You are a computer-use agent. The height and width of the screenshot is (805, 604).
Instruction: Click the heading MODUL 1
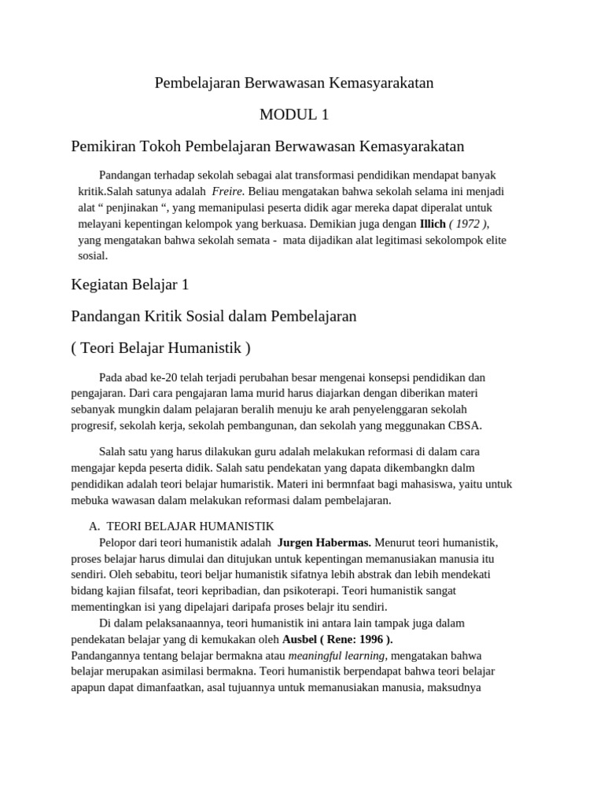pos(293,115)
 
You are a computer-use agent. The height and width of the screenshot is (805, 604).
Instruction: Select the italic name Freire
pos(228,191)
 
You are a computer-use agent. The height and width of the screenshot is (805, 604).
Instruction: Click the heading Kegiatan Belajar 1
pos(130,284)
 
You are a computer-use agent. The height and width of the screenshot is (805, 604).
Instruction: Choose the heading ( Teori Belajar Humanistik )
pos(160,347)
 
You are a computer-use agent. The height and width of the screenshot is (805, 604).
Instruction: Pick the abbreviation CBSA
pos(466,425)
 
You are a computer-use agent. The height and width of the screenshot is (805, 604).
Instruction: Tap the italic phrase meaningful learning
pos(337,655)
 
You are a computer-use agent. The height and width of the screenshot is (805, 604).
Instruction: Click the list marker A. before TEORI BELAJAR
pos(94,526)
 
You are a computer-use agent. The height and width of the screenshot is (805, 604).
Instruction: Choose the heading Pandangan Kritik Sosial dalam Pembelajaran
pos(214,316)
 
